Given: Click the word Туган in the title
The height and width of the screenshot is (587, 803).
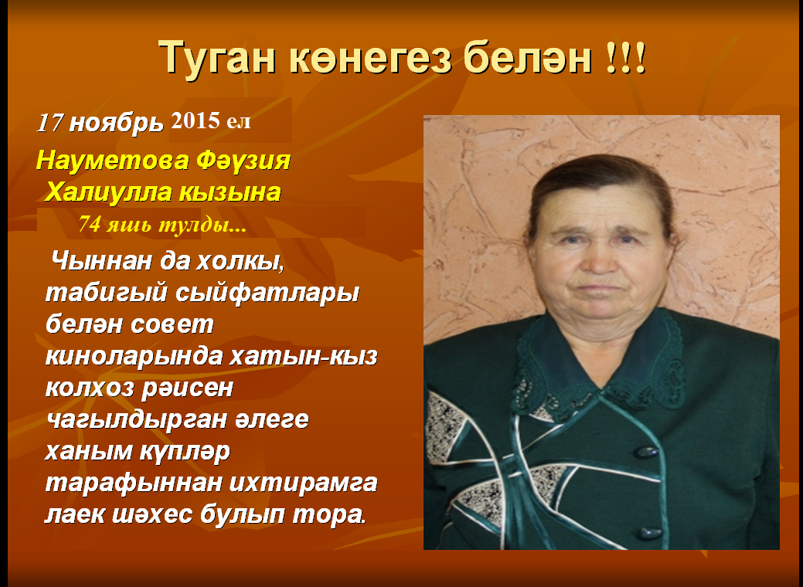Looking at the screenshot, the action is click(x=218, y=59).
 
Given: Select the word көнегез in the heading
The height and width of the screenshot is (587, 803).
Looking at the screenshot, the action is click(x=370, y=58).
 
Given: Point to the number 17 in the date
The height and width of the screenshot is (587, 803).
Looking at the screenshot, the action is click(x=50, y=123).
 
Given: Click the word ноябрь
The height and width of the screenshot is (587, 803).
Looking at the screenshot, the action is click(x=116, y=124).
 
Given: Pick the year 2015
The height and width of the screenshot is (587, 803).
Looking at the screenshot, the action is click(x=195, y=120).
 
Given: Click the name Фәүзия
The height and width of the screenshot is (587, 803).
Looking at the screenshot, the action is click(x=243, y=161).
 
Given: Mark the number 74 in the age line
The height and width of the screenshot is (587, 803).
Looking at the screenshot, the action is click(x=90, y=224).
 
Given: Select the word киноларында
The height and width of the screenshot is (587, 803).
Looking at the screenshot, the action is click(x=134, y=357).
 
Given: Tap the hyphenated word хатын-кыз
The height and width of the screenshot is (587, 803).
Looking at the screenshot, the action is click(x=303, y=357).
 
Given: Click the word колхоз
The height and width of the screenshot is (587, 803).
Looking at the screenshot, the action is click(x=90, y=388).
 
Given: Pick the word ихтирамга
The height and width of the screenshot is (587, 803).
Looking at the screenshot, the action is click(x=303, y=484).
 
